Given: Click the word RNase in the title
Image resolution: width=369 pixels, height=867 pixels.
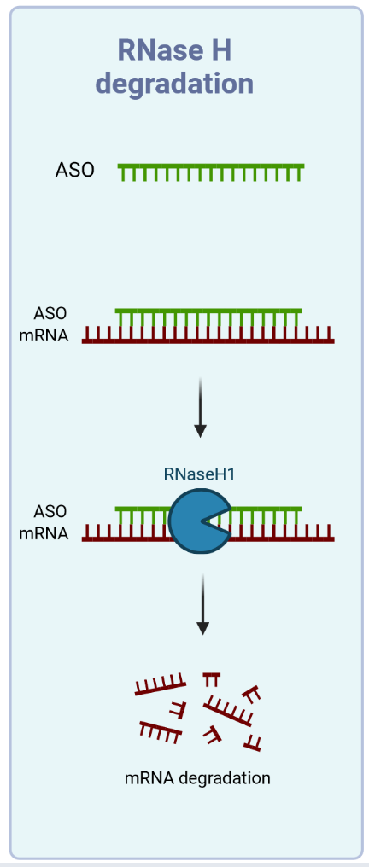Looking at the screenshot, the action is (x=158, y=51).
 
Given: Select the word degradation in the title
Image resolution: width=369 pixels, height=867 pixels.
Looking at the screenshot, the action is (x=175, y=84).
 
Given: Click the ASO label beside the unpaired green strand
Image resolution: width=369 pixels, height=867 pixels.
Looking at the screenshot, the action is (x=74, y=171).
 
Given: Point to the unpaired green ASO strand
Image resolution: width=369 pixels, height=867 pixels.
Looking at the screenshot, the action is (x=211, y=172).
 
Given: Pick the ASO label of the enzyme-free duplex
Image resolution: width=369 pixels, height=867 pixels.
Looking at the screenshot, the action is (x=50, y=313).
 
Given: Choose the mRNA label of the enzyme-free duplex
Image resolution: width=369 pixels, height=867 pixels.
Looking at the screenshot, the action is (x=44, y=335).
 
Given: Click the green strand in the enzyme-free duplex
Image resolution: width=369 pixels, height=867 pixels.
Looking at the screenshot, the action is (x=208, y=317).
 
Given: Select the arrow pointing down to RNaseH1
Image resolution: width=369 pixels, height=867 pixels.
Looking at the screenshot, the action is (x=200, y=408).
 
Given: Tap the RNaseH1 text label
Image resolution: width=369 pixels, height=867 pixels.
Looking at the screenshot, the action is (x=199, y=474).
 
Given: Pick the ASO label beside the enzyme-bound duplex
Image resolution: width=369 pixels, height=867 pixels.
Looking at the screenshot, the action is (x=50, y=511).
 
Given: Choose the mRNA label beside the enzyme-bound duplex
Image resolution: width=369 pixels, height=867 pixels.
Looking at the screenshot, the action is (x=44, y=533).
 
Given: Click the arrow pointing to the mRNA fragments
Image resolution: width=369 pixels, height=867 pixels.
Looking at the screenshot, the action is (x=203, y=604).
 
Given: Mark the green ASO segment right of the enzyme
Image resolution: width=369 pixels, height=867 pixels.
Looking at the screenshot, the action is (x=266, y=515).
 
